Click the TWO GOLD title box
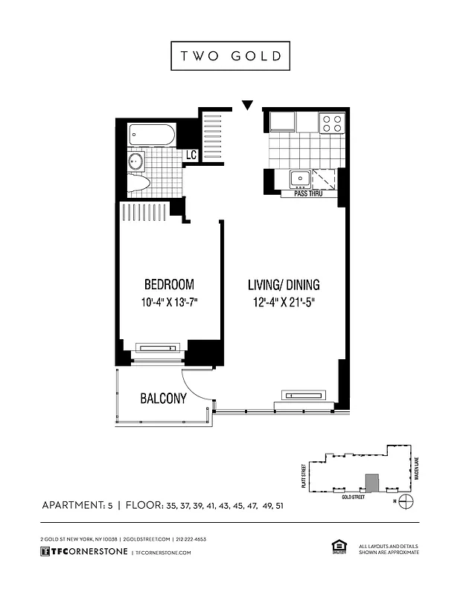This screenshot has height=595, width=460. coord(229,57)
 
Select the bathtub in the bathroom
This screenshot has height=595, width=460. coord(152,135)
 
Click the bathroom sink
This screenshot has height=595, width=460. coord(136,161)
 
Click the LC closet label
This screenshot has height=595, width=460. coord(191,155)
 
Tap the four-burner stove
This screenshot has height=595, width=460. coord(332,122)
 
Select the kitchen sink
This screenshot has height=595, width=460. coord(301,178)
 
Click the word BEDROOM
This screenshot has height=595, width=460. coord(169,284)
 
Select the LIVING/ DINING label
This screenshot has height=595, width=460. coord(283,284)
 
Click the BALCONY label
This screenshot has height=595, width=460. coord(163,399)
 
